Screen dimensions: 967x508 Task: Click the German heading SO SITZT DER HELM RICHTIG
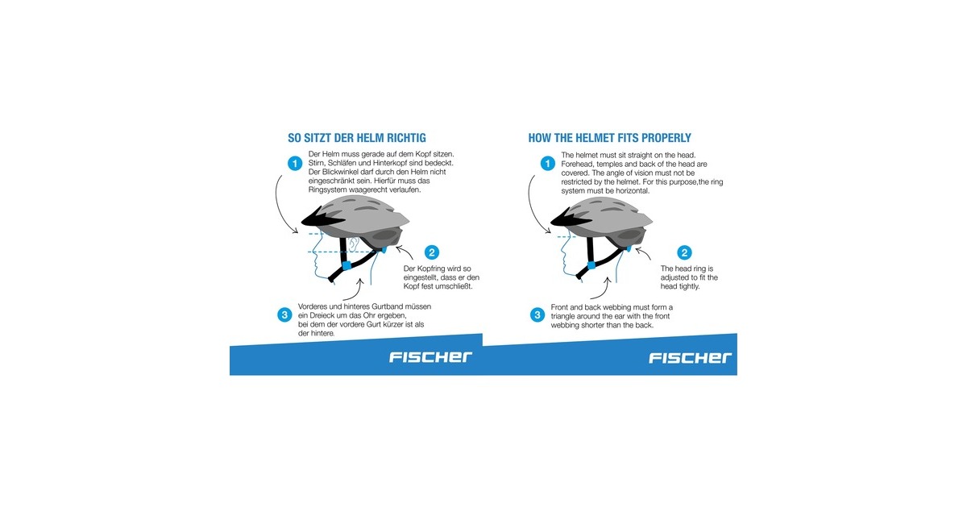coord(356,138)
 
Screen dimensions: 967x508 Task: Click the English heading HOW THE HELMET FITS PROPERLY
coord(609,138)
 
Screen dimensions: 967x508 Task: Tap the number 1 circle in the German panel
coord(295,163)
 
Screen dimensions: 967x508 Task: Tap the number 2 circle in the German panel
coord(432,252)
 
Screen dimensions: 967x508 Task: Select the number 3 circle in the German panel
coord(284,315)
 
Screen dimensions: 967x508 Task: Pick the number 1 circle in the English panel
coord(548,163)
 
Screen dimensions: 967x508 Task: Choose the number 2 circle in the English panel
coord(684,252)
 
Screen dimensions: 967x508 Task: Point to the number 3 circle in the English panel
coord(537,315)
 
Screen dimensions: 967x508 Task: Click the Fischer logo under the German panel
coord(430,356)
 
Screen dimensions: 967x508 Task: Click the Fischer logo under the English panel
coord(690,358)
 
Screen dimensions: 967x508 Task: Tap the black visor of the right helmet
coord(570,219)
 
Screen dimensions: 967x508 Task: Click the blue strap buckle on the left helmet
coord(347,265)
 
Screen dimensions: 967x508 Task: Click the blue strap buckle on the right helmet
coord(591,264)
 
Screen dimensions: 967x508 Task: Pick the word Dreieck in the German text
coord(326,315)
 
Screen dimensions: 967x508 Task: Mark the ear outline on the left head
coord(354,244)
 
